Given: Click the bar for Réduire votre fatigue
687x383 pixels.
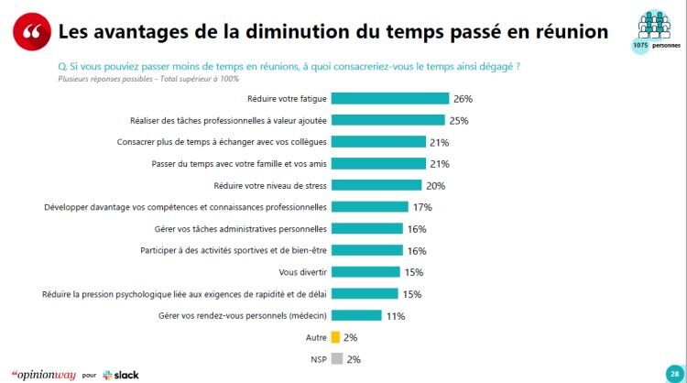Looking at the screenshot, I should click(x=389, y=98).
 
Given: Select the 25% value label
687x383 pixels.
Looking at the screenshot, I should click(x=459, y=120).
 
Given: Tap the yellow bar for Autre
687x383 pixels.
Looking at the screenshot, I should click(x=335, y=337).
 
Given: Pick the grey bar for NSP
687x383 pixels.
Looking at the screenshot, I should click(x=335, y=359).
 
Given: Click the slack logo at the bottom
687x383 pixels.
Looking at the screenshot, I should click(x=121, y=374).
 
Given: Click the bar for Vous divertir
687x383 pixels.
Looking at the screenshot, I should click(x=365, y=272).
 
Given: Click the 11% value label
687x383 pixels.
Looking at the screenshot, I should click(x=396, y=316).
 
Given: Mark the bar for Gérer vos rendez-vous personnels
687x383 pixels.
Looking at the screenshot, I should click(x=355, y=316).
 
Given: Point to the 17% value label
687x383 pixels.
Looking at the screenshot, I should click(x=423, y=207).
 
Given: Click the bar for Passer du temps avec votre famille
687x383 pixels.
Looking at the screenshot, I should click(x=377, y=163).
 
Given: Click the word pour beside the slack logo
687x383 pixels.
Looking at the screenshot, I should click(x=89, y=375).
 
